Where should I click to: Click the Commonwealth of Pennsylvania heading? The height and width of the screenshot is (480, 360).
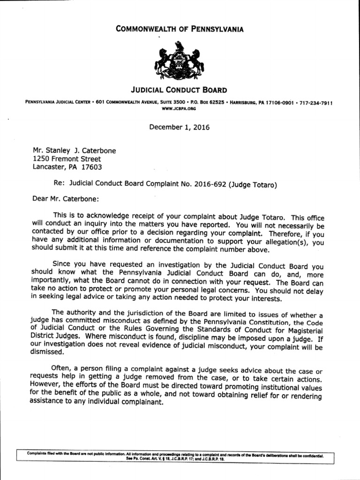pos(180,30)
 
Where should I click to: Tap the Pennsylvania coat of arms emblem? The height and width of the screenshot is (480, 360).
pos(180,61)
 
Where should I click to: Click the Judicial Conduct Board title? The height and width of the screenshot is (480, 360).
pos(180,90)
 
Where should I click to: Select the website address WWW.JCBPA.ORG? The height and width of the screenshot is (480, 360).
pos(178,108)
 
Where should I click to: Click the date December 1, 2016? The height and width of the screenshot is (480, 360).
pos(180,127)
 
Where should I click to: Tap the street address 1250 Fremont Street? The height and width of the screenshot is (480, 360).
pos(67,159)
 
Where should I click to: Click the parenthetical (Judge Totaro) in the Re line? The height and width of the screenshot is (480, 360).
pos(253,184)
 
